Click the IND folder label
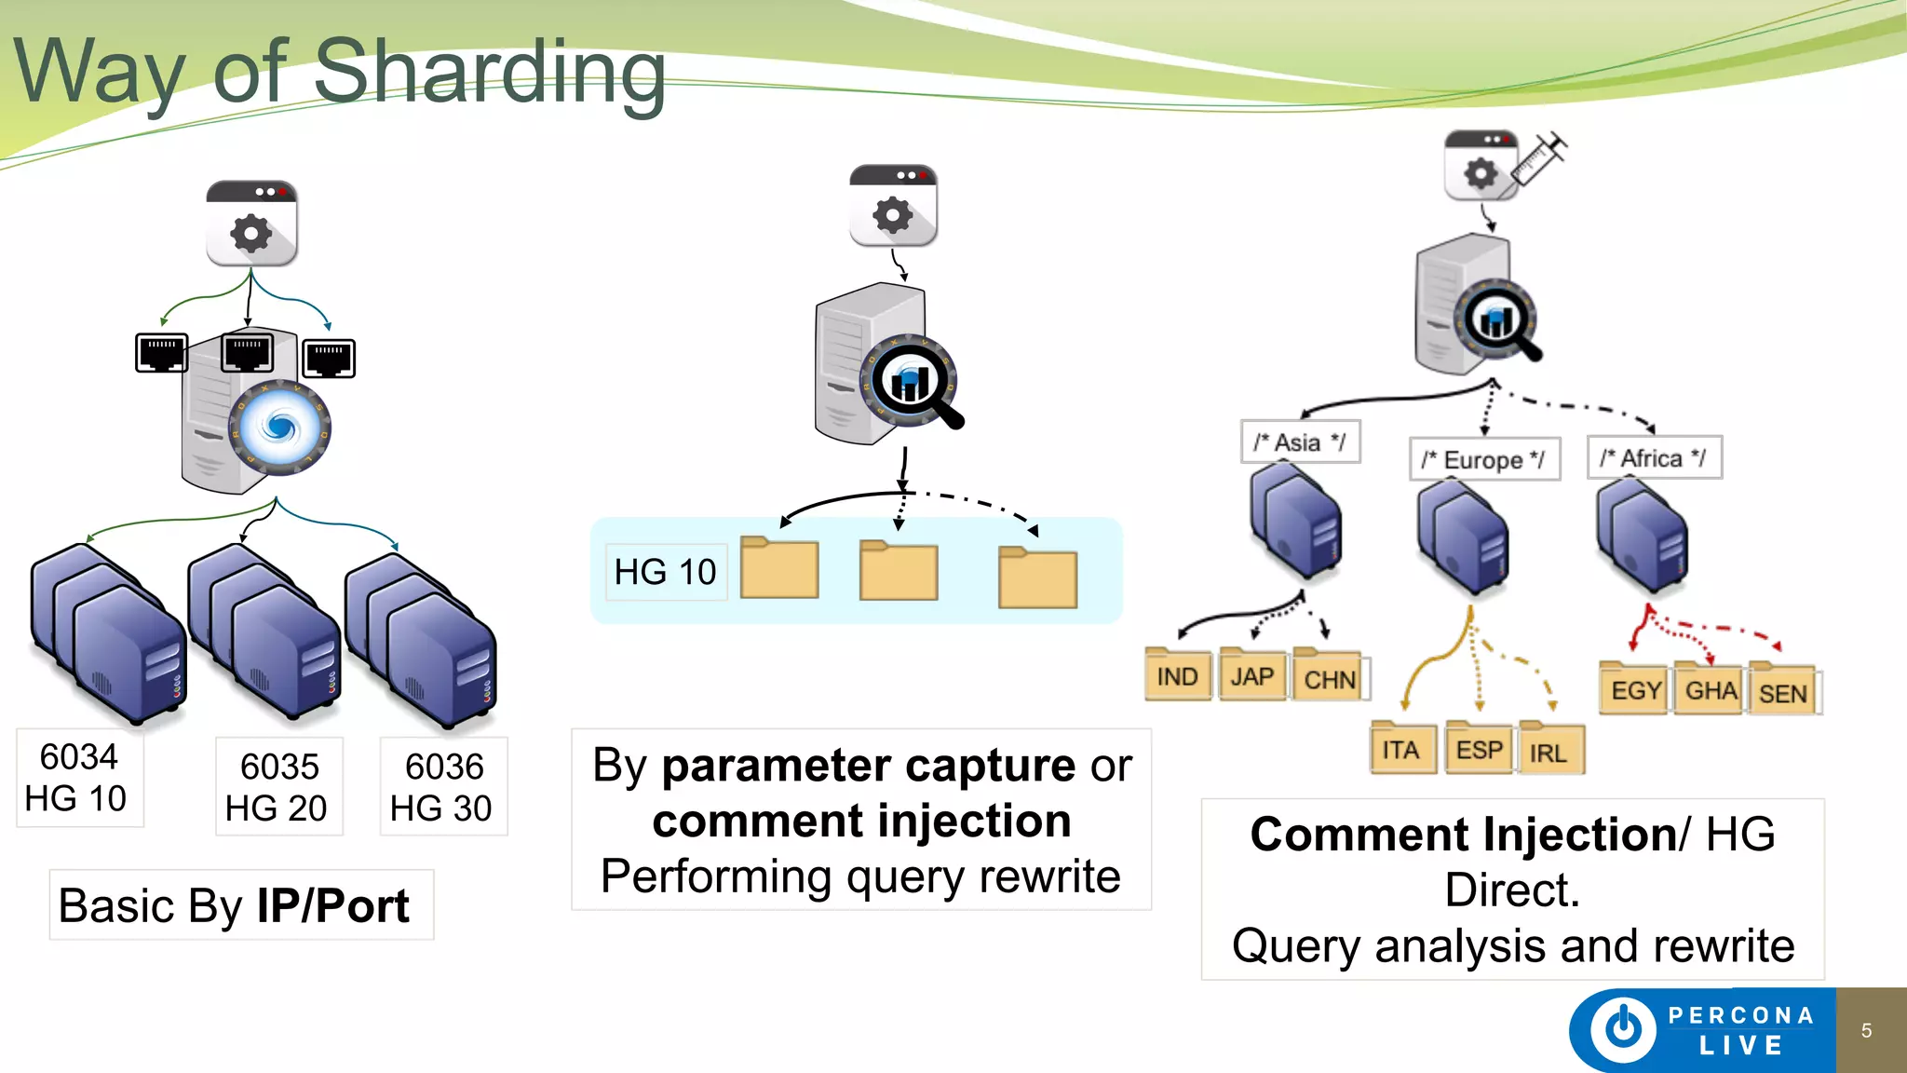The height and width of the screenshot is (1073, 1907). pos(1178,675)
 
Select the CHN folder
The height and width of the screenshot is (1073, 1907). pos(1330,678)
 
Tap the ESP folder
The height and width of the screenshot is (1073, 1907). pos(1479,750)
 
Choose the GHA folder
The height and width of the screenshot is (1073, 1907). pos(1711,690)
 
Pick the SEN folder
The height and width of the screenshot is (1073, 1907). pos(1782,693)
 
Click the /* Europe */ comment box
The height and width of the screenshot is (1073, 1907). pos(1483,459)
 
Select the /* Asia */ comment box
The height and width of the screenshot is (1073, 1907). pos(1300,441)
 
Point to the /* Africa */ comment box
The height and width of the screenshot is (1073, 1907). pos(1654,457)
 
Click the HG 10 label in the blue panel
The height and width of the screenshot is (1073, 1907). pos(665,572)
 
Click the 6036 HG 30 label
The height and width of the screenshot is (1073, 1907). pos(443,787)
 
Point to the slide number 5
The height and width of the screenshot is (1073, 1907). pos(1866,1030)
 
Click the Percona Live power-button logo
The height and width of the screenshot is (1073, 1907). pos(1623,1029)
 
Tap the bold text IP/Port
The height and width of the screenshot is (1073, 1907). pos(332,905)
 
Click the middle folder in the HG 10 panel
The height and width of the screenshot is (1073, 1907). pos(898,570)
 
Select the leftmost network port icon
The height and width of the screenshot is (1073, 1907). pos(161,353)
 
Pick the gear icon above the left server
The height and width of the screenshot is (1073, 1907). pos(251,233)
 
